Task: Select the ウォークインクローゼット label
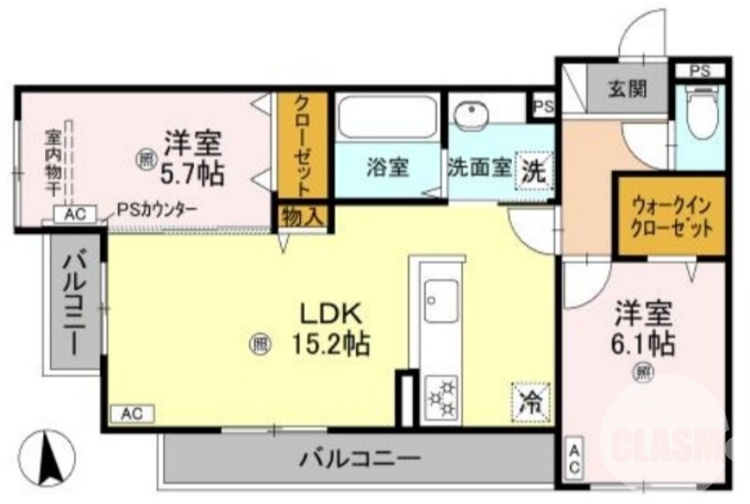[669, 215]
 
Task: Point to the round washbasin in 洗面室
[470, 113]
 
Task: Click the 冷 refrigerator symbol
[532, 404]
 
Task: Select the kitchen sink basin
[439, 302]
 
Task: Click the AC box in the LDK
[132, 412]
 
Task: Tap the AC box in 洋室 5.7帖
[75, 215]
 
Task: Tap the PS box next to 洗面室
[543, 105]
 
